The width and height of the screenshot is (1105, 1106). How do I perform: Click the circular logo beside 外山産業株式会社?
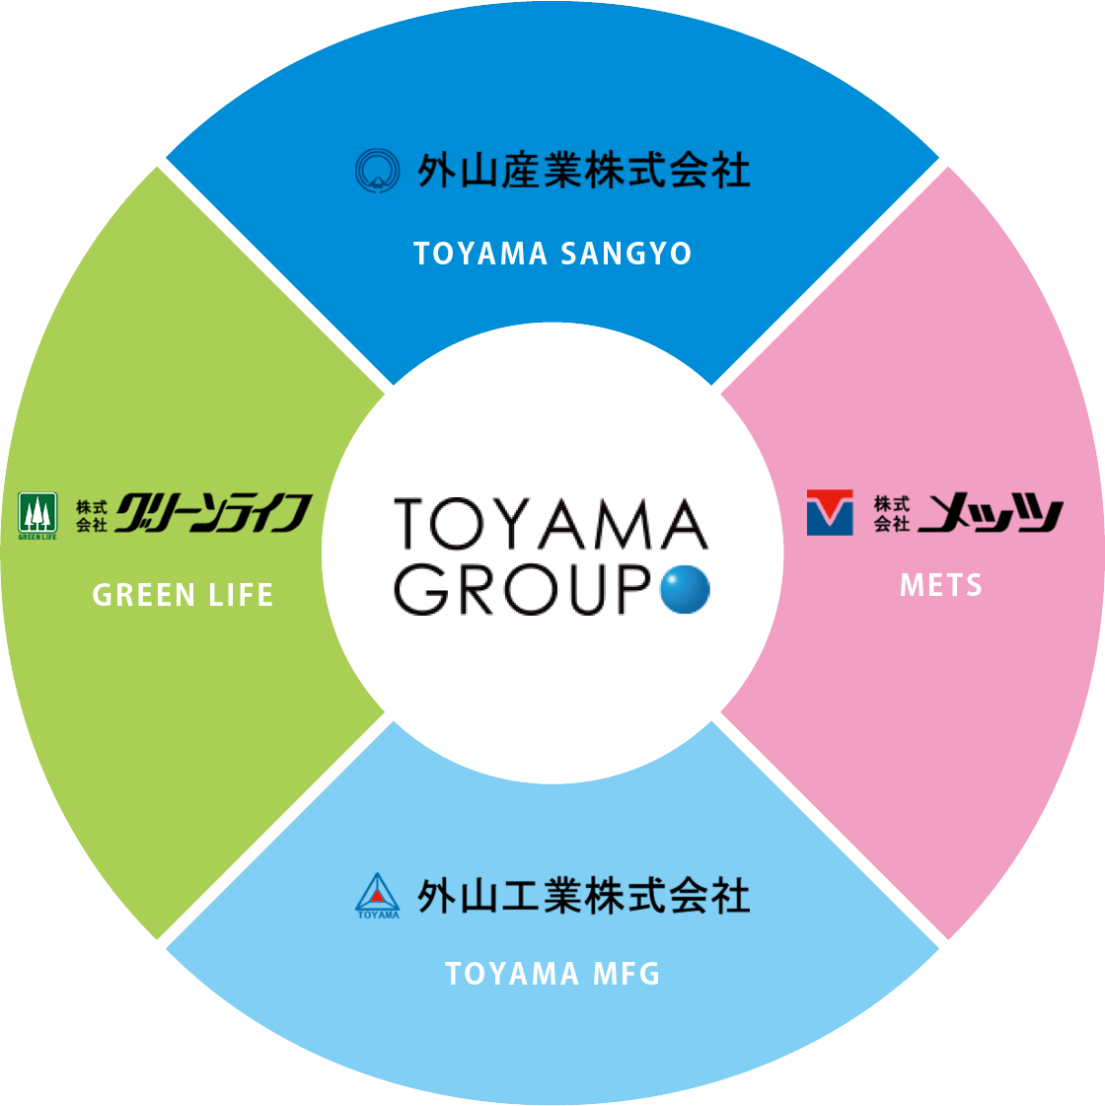tap(377, 170)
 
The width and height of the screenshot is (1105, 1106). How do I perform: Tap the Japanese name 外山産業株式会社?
tap(583, 171)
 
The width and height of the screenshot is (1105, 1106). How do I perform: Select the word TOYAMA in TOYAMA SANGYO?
tap(480, 254)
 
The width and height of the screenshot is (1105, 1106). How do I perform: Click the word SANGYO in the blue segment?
tap(626, 254)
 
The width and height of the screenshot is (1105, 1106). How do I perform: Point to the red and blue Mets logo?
tap(829, 512)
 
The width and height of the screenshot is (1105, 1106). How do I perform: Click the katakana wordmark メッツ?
tap(991, 513)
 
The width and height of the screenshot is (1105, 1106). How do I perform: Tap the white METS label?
tap(941, 585)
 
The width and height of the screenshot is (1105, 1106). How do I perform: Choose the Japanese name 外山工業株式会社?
tap(583, 896)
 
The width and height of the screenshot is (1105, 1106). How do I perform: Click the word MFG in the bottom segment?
tap(626, 974)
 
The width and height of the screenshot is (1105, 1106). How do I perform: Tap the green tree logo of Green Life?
tap(37, 515)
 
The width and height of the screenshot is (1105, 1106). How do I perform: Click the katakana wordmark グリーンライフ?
tap(213, 513)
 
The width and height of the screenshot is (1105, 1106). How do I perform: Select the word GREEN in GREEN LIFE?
tap(144, 595)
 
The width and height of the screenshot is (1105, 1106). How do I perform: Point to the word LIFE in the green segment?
tap(241, 595)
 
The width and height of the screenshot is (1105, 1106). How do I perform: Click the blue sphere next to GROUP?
tap(685, 589)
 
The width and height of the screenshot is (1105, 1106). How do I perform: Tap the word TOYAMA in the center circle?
tap(551, 524)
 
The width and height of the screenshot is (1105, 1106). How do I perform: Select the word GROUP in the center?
tap(522, 589)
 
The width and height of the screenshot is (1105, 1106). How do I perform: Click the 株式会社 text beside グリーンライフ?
tap(91, 515)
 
